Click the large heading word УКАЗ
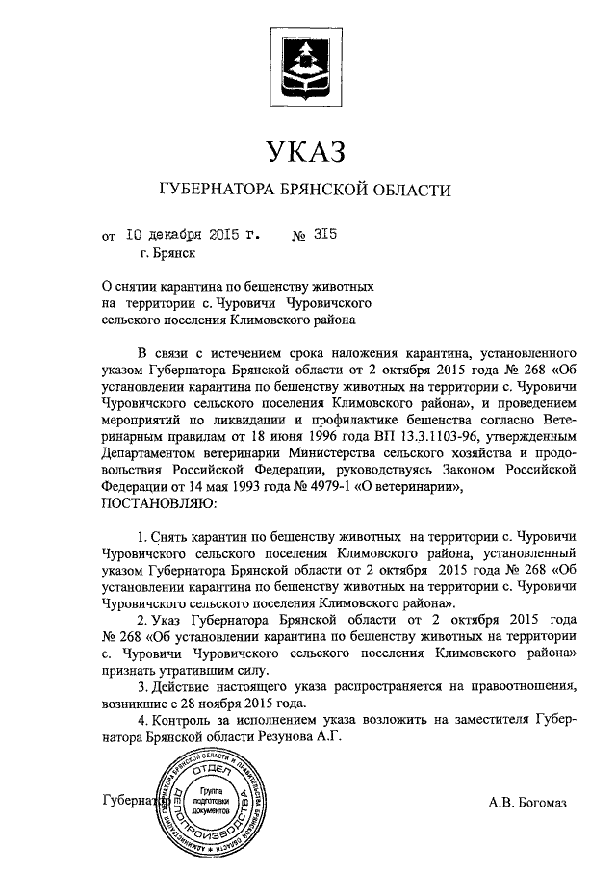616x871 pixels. [x=307, y=152]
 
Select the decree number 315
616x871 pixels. [x=325, y=233]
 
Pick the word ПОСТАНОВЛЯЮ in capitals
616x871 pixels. [x=160, y=501]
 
